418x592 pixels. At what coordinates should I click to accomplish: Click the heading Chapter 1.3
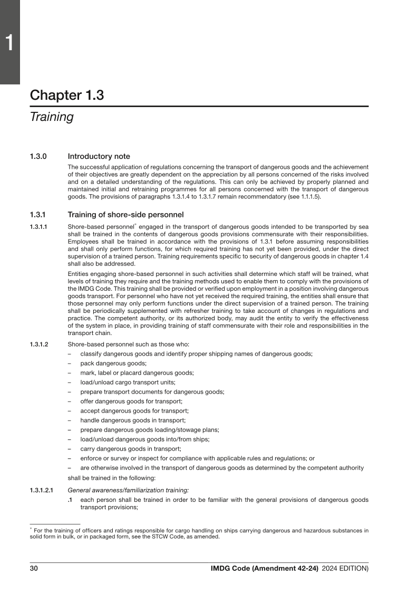tap(67, 96)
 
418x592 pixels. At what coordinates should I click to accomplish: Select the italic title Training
tap(52, 117)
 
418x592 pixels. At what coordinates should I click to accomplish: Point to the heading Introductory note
tap(99, 157)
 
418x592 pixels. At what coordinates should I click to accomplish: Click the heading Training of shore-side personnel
tap(125, 215)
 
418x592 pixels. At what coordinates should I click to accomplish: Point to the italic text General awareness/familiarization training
tap(128, 490)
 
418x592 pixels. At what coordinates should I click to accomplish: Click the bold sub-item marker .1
tap(70, 500)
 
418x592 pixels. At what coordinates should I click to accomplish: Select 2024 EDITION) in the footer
tap(345, 568)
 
